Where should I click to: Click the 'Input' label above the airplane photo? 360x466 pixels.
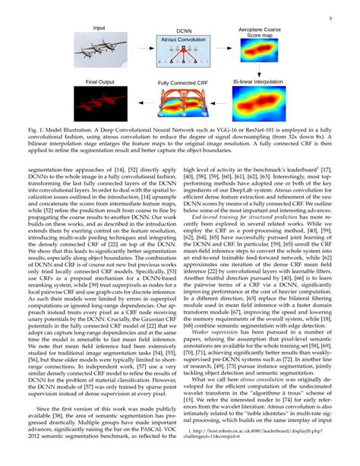click(x=99, y=28)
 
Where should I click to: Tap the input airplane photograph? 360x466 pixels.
click(x=100, y=51)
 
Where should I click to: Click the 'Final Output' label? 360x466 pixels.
click(x=99, y=80)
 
